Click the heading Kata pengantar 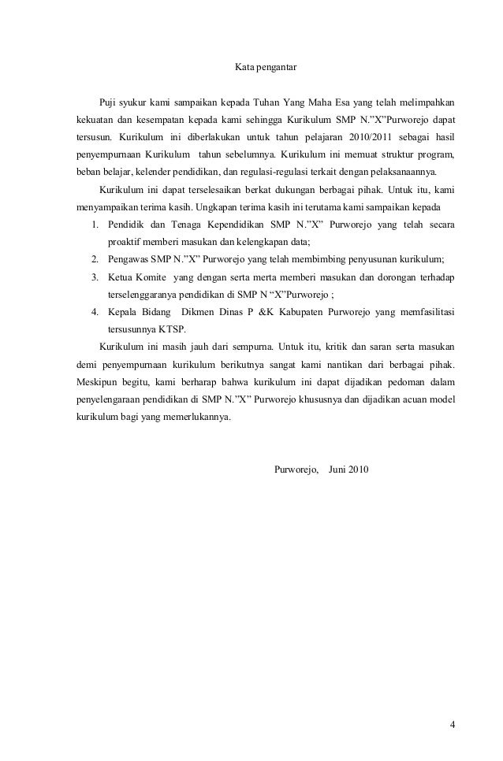pos(266,69)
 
